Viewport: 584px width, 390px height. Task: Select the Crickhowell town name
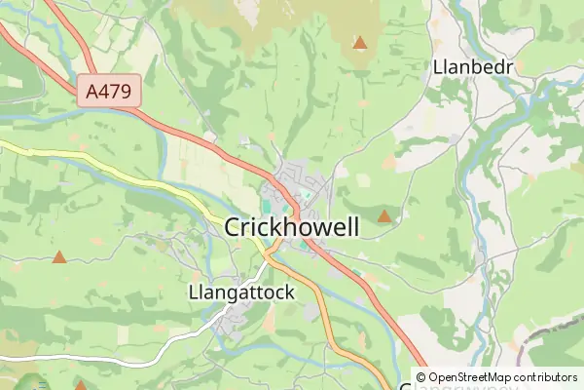292,227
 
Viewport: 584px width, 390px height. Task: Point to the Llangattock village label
239,292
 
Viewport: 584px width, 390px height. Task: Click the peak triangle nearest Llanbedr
360,43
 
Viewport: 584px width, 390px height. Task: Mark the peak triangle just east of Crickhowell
384,216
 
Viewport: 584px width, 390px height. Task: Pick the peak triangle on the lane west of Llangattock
59,258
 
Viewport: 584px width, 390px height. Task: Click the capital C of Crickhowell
234,228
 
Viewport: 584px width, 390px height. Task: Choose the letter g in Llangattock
226,294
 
